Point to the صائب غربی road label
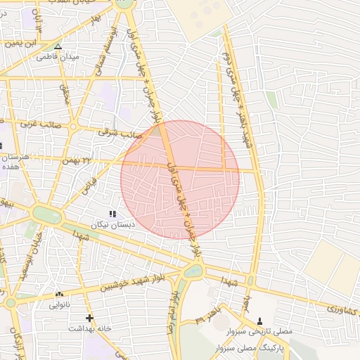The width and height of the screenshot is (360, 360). [x=39, y=124]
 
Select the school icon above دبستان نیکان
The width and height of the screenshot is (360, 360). [x=112, y=214]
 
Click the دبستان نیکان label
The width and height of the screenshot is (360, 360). [x=112, y=225]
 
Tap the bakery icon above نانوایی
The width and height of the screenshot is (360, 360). [x=59, y=295]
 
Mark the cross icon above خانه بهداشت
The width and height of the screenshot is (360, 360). [x=89, y=318]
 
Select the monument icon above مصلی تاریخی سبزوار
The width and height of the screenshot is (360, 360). [x=260, y=320]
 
